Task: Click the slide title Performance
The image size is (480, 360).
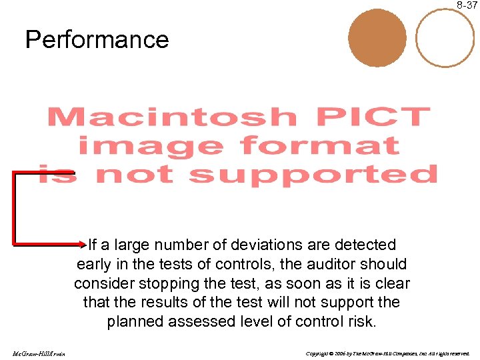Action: pos(97,40)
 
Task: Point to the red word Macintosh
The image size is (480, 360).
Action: pos(171,118)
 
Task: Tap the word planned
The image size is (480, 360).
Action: pos(136,322)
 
